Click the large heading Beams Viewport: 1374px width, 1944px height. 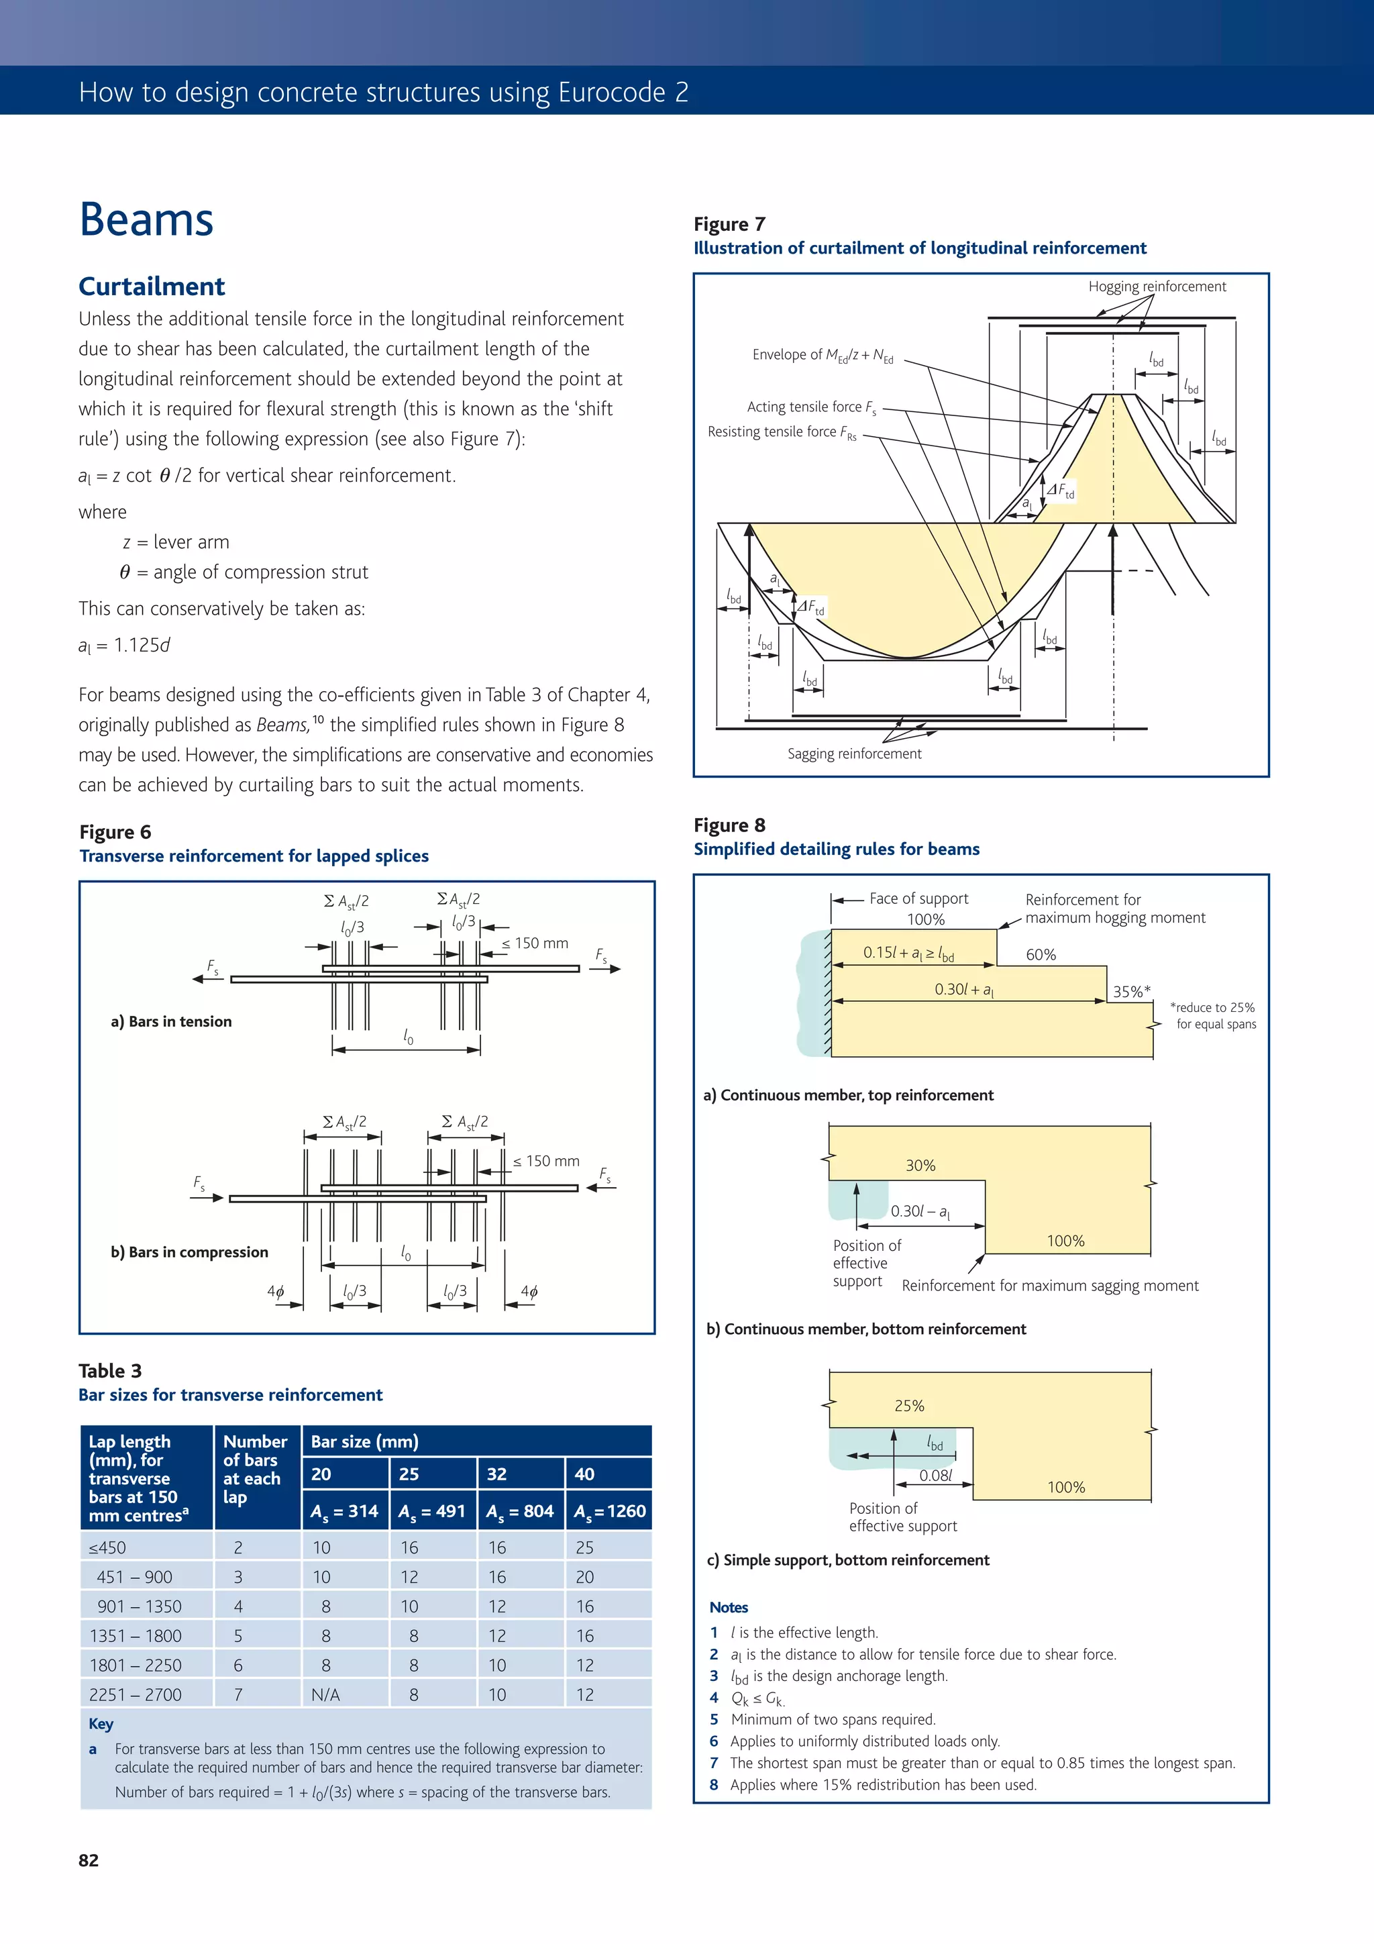click(x=146, y=219)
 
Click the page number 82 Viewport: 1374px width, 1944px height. click(x=88, y=1860)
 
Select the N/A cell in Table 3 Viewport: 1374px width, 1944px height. click(x=325, y=1694)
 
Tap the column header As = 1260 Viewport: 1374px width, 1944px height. click(x=609, y=1511)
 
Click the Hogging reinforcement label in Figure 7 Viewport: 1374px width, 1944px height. click(x=1157, y=286)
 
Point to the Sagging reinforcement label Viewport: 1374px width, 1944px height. click(x=853, y=754)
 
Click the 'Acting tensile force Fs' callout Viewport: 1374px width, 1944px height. click(x=810, y=407)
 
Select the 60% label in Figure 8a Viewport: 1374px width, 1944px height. click(x=1041, y=954)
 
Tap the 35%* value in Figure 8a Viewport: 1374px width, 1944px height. click(x=1131, y=992)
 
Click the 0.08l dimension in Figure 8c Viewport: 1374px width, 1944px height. click(x=935, y=1475)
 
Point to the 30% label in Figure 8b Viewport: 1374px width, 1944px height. click(x=920, y=1165)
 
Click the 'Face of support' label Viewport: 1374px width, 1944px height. click(x=918, y=899)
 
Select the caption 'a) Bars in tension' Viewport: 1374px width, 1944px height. click(x=171, y=1021)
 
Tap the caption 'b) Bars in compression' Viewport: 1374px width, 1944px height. click(x=190, y=1251)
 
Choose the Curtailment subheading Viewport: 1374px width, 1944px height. click(x=152, y=286)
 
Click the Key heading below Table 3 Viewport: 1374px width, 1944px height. click(x=101, y=1724)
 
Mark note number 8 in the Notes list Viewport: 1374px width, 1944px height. click(x=714, y=1785)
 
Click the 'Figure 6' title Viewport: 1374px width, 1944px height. click(x=115, y=831)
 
